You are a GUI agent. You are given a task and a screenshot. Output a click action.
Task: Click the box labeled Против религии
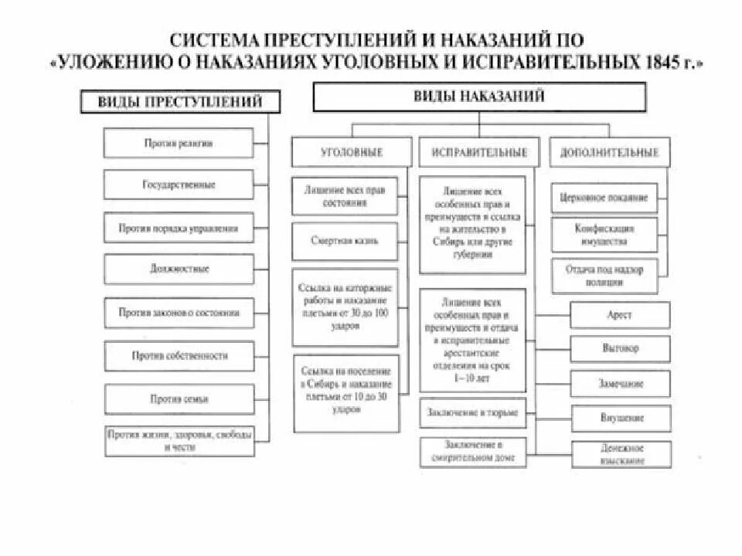pyautogui.click(x=179, y=143)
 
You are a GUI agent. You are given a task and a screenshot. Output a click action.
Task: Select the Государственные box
pyautogui.click(x=179, y=185)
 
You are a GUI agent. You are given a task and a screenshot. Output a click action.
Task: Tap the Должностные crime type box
pyautogui.click(x=179, y=270)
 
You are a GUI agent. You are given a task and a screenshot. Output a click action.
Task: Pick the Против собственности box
pyautogui.click(x=179, y=356)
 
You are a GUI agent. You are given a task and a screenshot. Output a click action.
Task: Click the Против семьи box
pyautogui.click(x=179, y=399)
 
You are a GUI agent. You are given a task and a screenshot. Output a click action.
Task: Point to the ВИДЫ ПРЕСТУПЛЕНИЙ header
pyautogui.click(x=180, y=101)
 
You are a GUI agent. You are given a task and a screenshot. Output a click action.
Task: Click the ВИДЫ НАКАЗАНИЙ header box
pyautogui.click(x=478, y=97)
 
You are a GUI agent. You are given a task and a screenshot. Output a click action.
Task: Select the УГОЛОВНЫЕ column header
pyautogui.click(x=351, y=152)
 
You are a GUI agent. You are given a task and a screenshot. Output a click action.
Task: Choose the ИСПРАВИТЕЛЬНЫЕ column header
pyautogui.click(x=474, y=152)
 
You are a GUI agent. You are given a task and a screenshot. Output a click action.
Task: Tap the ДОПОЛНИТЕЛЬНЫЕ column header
pyautogui.click(x=610, y=152)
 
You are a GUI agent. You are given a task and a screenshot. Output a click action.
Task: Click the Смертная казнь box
pyautogui.click(x=345, y=241)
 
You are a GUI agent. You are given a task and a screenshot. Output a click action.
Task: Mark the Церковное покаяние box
pyautogui.click(x=604, y=198)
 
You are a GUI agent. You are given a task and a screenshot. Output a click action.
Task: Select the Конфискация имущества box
pyautogui.click(x=604, y=235)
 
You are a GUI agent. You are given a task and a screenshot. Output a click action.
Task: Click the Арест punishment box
pyautogui.click(x=621, y=315)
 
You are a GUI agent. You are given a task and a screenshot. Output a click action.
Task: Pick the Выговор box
pyautogui.click(x=621, y=348)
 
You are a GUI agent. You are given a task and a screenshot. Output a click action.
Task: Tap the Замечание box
pyautogui.click(x=621, y=383)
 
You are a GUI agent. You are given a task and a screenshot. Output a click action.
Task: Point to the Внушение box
pyautogui.click(x=621, y=418)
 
